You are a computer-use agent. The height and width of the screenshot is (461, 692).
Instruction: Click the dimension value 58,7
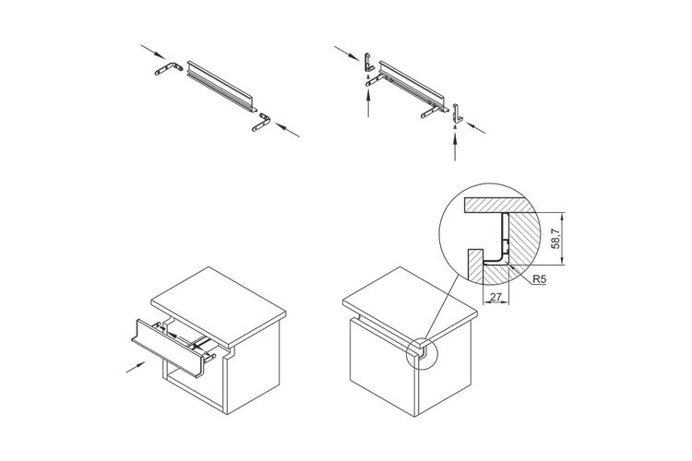555,238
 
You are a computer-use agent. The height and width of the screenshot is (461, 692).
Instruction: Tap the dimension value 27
496,297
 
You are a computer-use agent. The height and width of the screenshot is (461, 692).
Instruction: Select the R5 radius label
539,279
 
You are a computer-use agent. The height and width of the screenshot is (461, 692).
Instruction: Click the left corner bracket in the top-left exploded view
169,69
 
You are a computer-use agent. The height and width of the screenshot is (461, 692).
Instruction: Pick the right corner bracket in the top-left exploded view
262,123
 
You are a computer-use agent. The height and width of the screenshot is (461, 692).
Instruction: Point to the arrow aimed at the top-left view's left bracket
153,52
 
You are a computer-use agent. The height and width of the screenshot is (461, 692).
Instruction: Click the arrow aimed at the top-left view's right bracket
287,130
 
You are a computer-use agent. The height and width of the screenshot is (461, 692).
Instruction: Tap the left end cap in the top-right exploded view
368,62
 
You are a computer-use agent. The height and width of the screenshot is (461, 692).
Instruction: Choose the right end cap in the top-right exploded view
457,112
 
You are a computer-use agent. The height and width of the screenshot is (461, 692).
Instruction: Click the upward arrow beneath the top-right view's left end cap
368,101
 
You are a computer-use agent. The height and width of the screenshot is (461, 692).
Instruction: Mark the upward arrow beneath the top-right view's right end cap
455,146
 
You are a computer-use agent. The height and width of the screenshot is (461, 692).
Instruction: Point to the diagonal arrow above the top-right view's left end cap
347,53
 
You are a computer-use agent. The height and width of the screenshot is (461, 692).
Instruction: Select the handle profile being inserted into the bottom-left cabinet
168,349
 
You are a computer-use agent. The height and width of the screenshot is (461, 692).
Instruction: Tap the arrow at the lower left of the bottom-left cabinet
136,367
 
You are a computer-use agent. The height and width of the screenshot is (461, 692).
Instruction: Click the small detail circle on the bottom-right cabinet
421,354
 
